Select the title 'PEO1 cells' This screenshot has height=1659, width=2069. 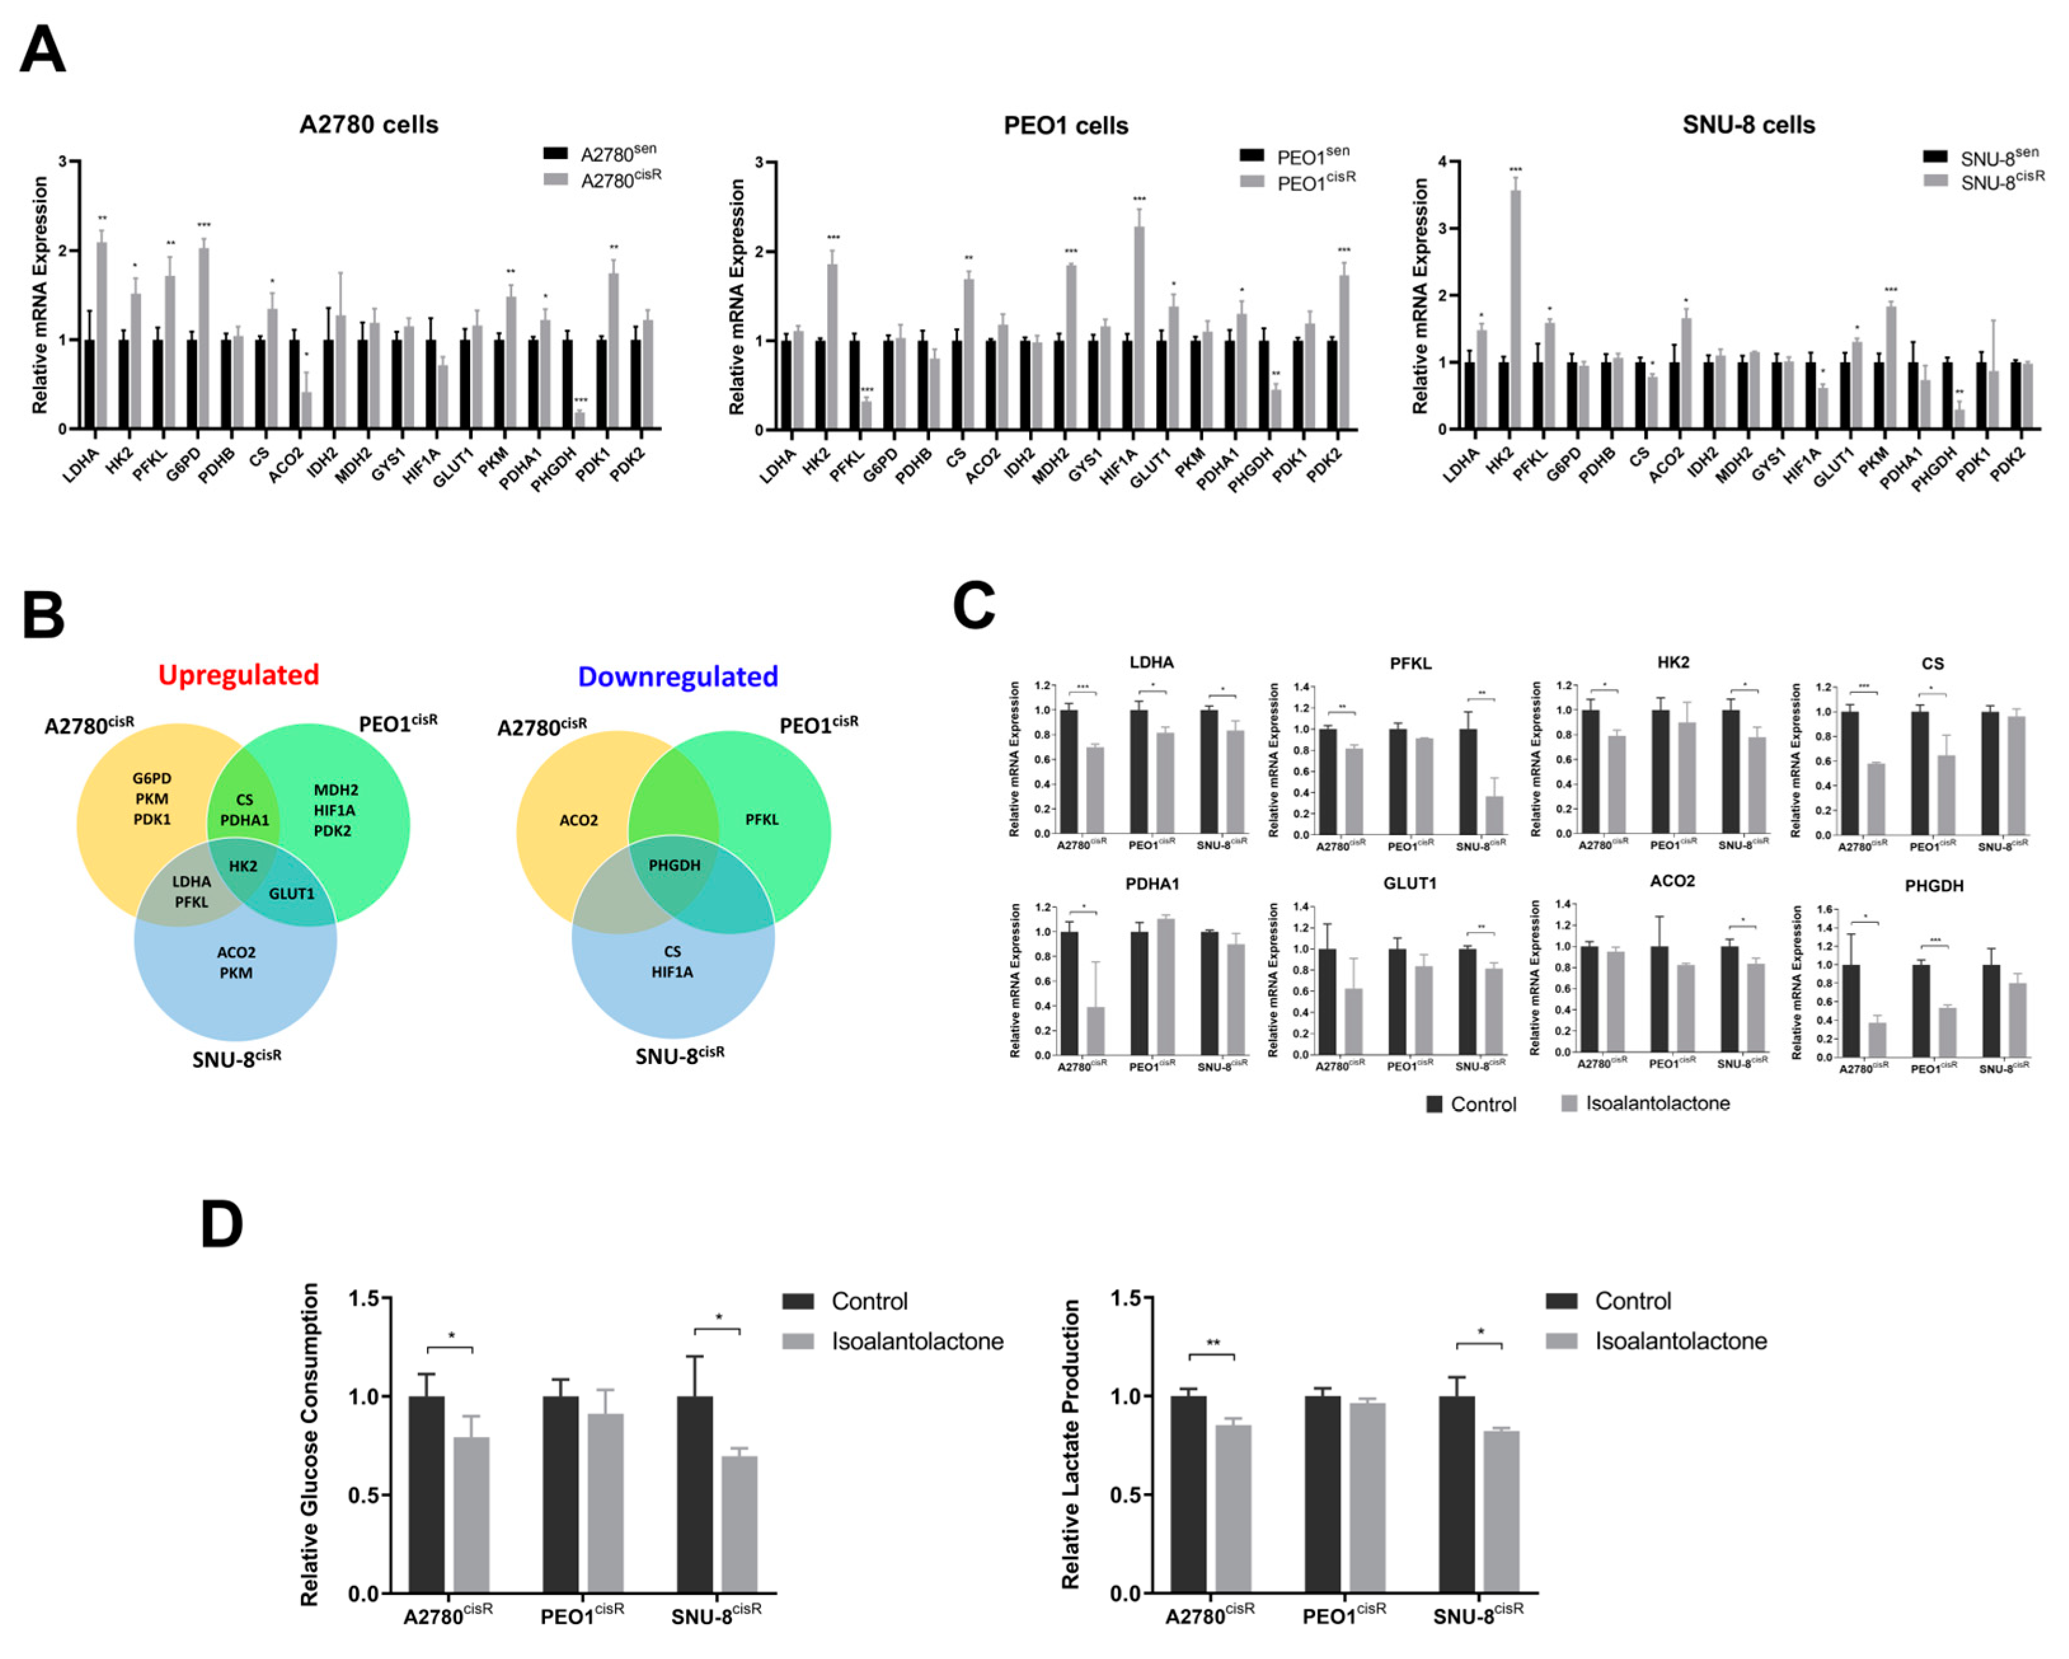click(x=1065, y=126)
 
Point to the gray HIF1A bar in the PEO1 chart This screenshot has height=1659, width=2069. click(x=1138, y=327)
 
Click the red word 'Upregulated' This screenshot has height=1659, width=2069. click(x=238, y=675)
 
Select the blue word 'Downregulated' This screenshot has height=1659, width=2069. click(x=678, y=677)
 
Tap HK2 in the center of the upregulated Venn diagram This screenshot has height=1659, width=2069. click(x=243, y=866)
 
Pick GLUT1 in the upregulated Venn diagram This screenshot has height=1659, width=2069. click(x=291, y=894)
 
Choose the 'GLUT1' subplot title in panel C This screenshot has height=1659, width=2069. click(x=1410, y=884)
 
